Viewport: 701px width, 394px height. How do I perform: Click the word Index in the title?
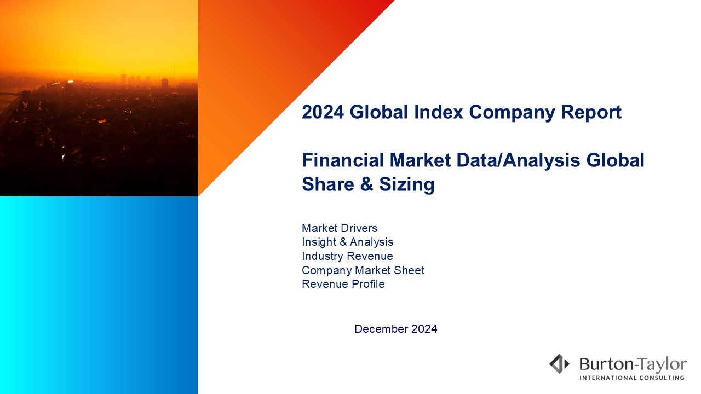click(439, 112)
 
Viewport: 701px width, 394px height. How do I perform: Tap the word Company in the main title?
click(512, 113)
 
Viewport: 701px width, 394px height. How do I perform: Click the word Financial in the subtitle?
click(343, 160)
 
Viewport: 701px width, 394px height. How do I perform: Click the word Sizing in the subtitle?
click(407, 185)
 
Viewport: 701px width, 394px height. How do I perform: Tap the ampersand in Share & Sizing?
click(366, 184)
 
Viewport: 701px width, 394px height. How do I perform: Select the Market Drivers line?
click(340, 228)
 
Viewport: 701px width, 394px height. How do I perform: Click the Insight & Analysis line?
click(347, 242)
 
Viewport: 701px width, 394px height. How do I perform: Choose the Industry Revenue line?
click(347, 256)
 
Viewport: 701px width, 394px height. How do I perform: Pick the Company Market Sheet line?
click(363, 270)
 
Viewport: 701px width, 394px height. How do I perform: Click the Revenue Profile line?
click(343, 284)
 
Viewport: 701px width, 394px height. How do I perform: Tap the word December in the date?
click(381, 329)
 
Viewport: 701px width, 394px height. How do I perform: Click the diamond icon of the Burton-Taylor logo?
click(559, 364)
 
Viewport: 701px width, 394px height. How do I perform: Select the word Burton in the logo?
click(606, 364)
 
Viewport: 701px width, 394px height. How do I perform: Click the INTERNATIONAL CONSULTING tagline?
click(632, 378)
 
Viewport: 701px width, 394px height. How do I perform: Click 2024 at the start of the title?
click(323, 112)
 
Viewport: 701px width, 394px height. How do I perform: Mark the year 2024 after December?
click(424, 329)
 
